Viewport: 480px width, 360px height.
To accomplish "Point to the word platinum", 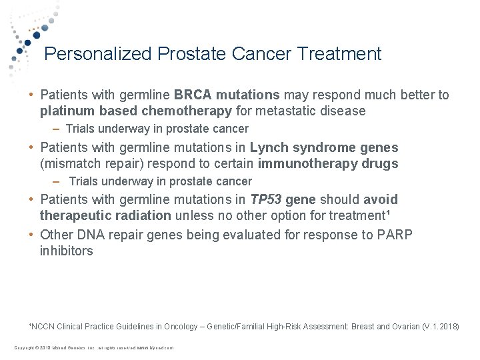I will tap(63, 111).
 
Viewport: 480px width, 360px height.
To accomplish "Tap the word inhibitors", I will tap(66, 251).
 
